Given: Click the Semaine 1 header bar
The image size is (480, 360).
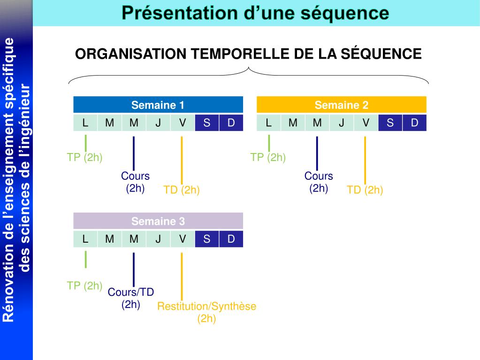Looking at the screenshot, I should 158,105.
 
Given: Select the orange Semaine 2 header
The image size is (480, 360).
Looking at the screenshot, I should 342,105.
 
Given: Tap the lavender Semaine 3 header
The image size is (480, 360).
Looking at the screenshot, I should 158,221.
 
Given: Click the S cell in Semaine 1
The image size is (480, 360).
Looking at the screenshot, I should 207,123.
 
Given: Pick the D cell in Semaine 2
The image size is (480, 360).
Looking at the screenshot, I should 414,123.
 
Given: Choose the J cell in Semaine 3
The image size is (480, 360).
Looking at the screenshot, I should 158,239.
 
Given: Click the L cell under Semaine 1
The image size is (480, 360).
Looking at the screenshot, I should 85,123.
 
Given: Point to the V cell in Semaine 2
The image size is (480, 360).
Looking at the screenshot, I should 366,123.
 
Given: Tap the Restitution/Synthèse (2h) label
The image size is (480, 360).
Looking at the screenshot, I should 206,313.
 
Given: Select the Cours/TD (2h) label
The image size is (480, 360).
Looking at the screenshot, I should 131,298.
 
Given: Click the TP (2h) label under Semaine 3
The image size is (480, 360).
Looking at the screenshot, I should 84,285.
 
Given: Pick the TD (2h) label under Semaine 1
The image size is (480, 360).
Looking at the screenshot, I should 182,190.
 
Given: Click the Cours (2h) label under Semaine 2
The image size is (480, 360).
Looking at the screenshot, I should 319,182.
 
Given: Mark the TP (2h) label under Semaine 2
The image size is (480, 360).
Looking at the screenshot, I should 268,157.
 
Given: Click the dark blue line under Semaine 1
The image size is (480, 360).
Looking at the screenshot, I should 134,153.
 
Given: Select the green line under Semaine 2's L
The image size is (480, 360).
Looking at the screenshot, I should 269,143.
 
